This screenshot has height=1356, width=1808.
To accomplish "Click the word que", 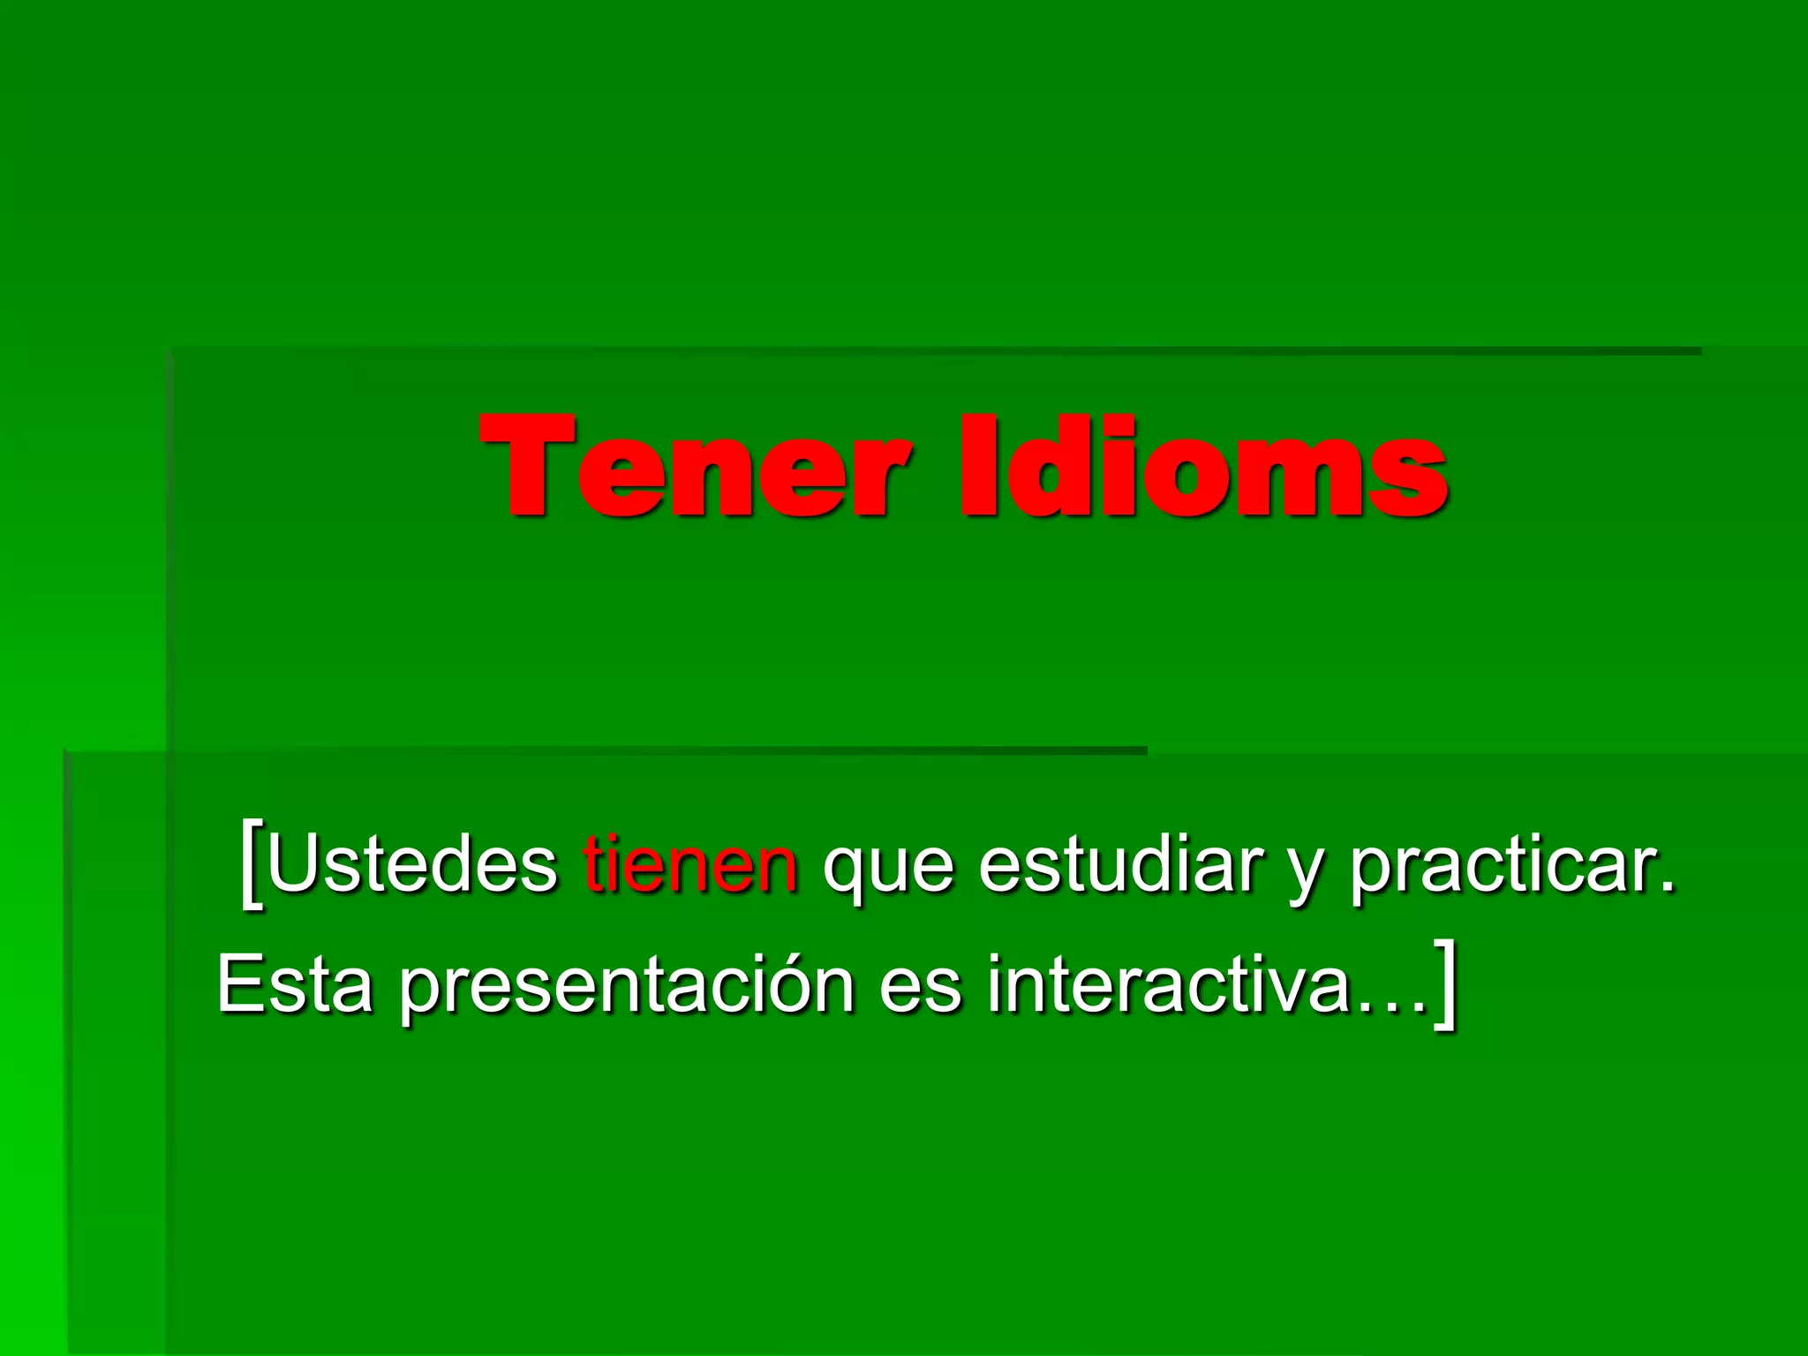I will [x=888, y=870].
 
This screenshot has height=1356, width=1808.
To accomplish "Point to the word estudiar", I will [x=1120, y=865].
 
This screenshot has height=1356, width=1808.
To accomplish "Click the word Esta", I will [x=295, y=984].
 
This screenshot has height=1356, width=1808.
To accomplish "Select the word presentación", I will [x=627, y=987].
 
